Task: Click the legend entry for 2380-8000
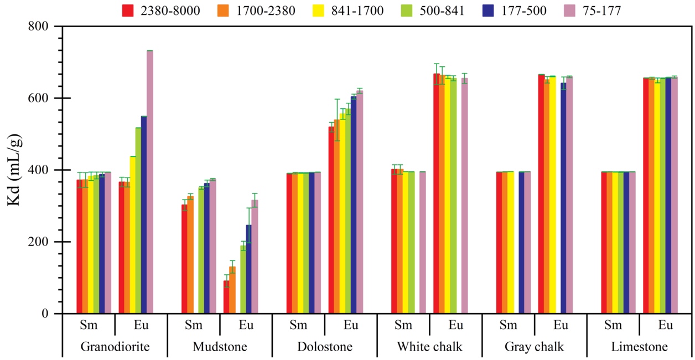[x=160, y=11]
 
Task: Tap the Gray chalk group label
[x=534, y=347]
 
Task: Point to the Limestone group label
[x=639, y=347]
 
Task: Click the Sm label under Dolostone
[x=298, y=325]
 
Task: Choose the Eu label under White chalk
[x=456, y=325]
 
